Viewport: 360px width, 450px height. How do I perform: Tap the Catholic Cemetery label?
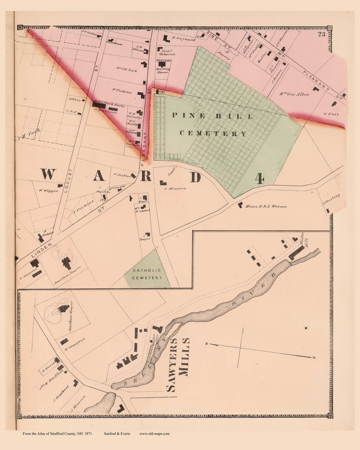click(147, 274)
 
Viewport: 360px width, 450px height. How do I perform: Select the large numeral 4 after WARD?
click(260, 179)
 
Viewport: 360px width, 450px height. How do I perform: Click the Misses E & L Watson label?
click(266, 206)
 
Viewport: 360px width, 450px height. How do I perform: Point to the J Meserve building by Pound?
click(163, 182)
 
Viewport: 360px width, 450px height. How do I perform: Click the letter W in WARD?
click(47, 174)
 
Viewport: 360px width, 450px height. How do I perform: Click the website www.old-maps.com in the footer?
click(154, 434)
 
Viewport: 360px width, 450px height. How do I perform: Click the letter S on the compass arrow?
click(314, 358)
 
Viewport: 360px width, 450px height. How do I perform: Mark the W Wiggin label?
click(48, 191)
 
